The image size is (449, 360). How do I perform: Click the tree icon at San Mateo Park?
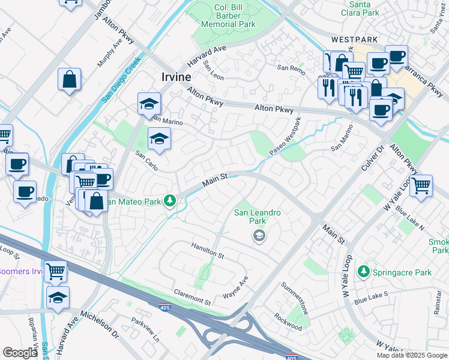170,201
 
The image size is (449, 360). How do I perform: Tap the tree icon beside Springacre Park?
363,272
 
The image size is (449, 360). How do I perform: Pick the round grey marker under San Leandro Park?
258,236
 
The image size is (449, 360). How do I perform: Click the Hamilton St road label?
207,251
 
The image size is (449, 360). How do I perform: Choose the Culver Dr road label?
379,147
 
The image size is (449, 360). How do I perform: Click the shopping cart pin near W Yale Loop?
421,185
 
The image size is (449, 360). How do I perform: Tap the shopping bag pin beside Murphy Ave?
70,79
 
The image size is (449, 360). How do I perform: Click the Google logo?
20,353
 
